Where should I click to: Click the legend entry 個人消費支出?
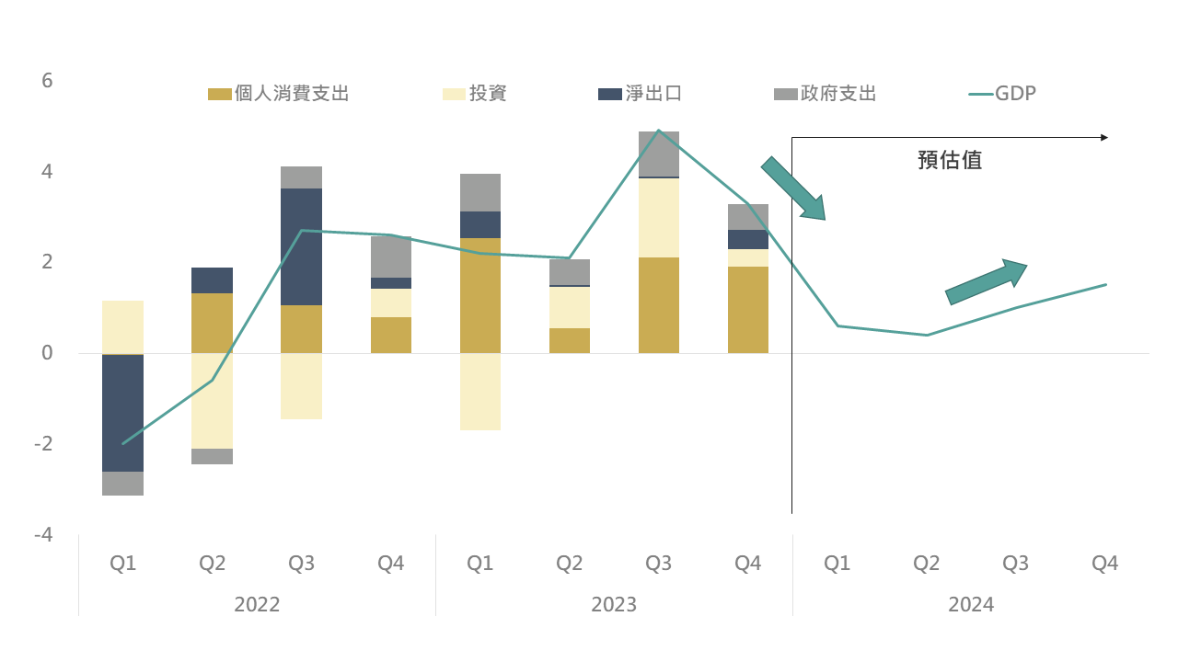coord(279,93)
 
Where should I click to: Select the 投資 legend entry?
coord(475,93)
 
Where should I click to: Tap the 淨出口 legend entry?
coord(641,93)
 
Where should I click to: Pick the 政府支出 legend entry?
coord(825,93)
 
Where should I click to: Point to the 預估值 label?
coord(950,160)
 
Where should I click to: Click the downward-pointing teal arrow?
coord(792,188)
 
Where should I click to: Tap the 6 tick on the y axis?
coord(47,81)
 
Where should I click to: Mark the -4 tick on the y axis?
coord(43,534)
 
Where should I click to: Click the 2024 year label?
coord(971,605)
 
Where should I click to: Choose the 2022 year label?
coord(257,605)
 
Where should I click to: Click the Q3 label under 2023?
coord(658,563)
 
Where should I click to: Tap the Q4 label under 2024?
coord(1104,563)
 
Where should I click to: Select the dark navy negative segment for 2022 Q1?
coord(122,412)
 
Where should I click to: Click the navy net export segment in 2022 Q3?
coord(301,246)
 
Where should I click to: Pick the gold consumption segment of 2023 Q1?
coord(479,294)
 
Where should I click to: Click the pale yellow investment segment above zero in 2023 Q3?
coord(658,217)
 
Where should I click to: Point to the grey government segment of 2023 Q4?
coord(747,217)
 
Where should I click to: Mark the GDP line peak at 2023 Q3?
coord(658,131)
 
